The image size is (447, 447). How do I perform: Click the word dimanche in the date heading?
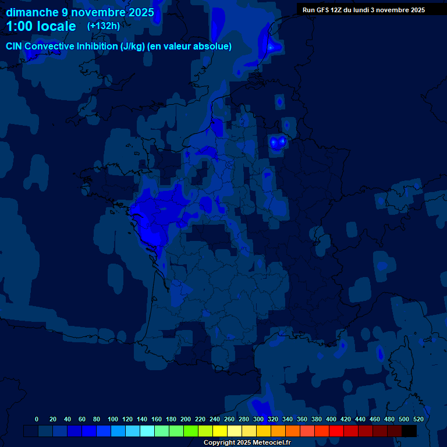[31, 12]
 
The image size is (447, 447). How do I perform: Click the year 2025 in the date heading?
[140, 12]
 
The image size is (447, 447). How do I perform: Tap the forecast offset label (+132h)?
[104, 26]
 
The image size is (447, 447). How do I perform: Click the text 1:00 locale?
[41, 26]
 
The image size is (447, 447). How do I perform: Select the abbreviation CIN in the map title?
[15, 47]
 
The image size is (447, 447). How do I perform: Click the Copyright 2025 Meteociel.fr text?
[247, 442]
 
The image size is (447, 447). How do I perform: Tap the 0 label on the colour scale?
[37, 419]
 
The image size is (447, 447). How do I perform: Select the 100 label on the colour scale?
[113, 419]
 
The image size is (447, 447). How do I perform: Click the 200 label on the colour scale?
[186, 419]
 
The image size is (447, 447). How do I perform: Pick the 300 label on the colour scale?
[258, 419]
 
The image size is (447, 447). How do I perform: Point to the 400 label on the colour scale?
[331, 419]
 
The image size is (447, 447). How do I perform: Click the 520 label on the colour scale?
[418, 419]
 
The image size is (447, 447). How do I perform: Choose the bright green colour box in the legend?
[191, 431]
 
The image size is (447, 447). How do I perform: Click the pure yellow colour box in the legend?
[220, 431]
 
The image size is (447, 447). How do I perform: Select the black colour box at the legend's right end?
[409, 431]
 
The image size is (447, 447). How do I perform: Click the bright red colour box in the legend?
[336, 431]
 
